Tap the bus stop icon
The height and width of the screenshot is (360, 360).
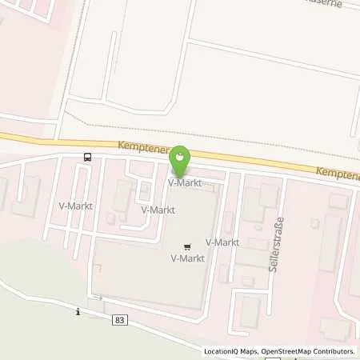point(87,157)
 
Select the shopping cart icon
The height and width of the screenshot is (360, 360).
point(187,246)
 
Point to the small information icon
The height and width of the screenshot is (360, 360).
point(78,311)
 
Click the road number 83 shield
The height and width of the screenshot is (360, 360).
point(119,320)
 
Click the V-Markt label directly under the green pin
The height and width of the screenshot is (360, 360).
point(182,182)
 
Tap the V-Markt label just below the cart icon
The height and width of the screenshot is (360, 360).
point(187,258)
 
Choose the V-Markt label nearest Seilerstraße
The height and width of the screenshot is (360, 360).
point(222,242)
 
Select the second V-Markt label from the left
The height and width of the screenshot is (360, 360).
point(158,210)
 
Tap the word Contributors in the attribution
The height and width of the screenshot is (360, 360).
point(330,351)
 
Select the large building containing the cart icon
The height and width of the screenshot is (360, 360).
point(152,264)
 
